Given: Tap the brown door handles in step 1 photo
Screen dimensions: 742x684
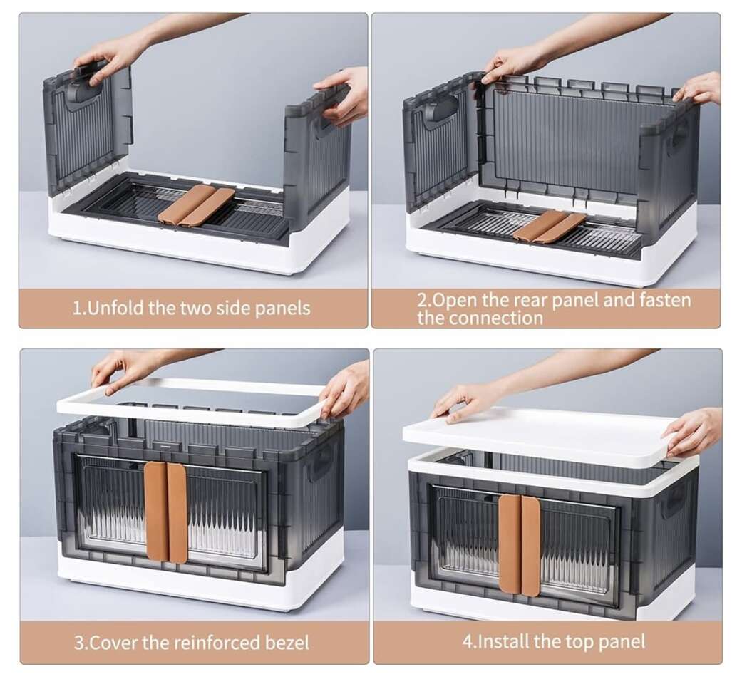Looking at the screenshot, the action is click(x=196, y=204).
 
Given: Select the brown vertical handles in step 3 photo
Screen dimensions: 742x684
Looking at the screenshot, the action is click(x=165, y=512).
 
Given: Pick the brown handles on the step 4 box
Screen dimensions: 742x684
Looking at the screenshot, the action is click(x=520, y=545).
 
